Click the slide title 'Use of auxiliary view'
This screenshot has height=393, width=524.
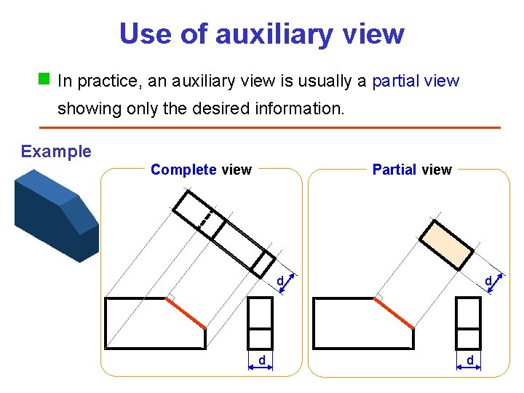tap(261, 33)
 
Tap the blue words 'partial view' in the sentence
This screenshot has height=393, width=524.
tap(416, 81)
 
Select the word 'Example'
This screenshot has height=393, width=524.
tap(56, 151)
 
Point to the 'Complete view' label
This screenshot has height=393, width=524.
tap(201, 170)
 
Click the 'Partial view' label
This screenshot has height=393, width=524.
tap(412, 170)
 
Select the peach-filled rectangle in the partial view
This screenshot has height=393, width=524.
tap(446, 245)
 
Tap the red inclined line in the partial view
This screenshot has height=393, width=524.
tap(395, 314)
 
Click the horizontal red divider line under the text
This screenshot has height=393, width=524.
tap(269, 127)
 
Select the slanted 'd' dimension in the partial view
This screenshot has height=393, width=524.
tap(489, 281)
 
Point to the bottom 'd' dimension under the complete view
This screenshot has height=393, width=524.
tap(261, 360)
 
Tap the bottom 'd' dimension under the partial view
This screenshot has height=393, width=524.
tap(469, 360)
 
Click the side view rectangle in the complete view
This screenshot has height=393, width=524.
tap(261, 324)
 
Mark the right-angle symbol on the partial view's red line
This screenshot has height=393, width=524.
tap(378, 298)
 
